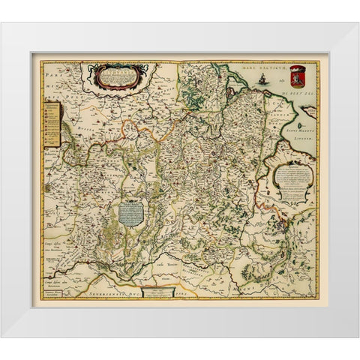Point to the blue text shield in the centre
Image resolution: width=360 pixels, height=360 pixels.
[x=131, y=211]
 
